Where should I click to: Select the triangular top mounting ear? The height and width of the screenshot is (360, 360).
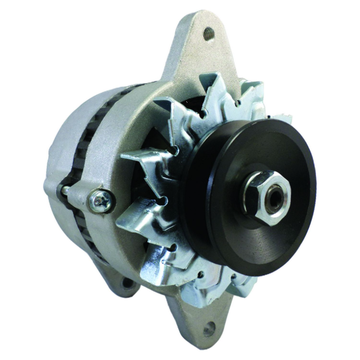(x=196, y=49)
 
